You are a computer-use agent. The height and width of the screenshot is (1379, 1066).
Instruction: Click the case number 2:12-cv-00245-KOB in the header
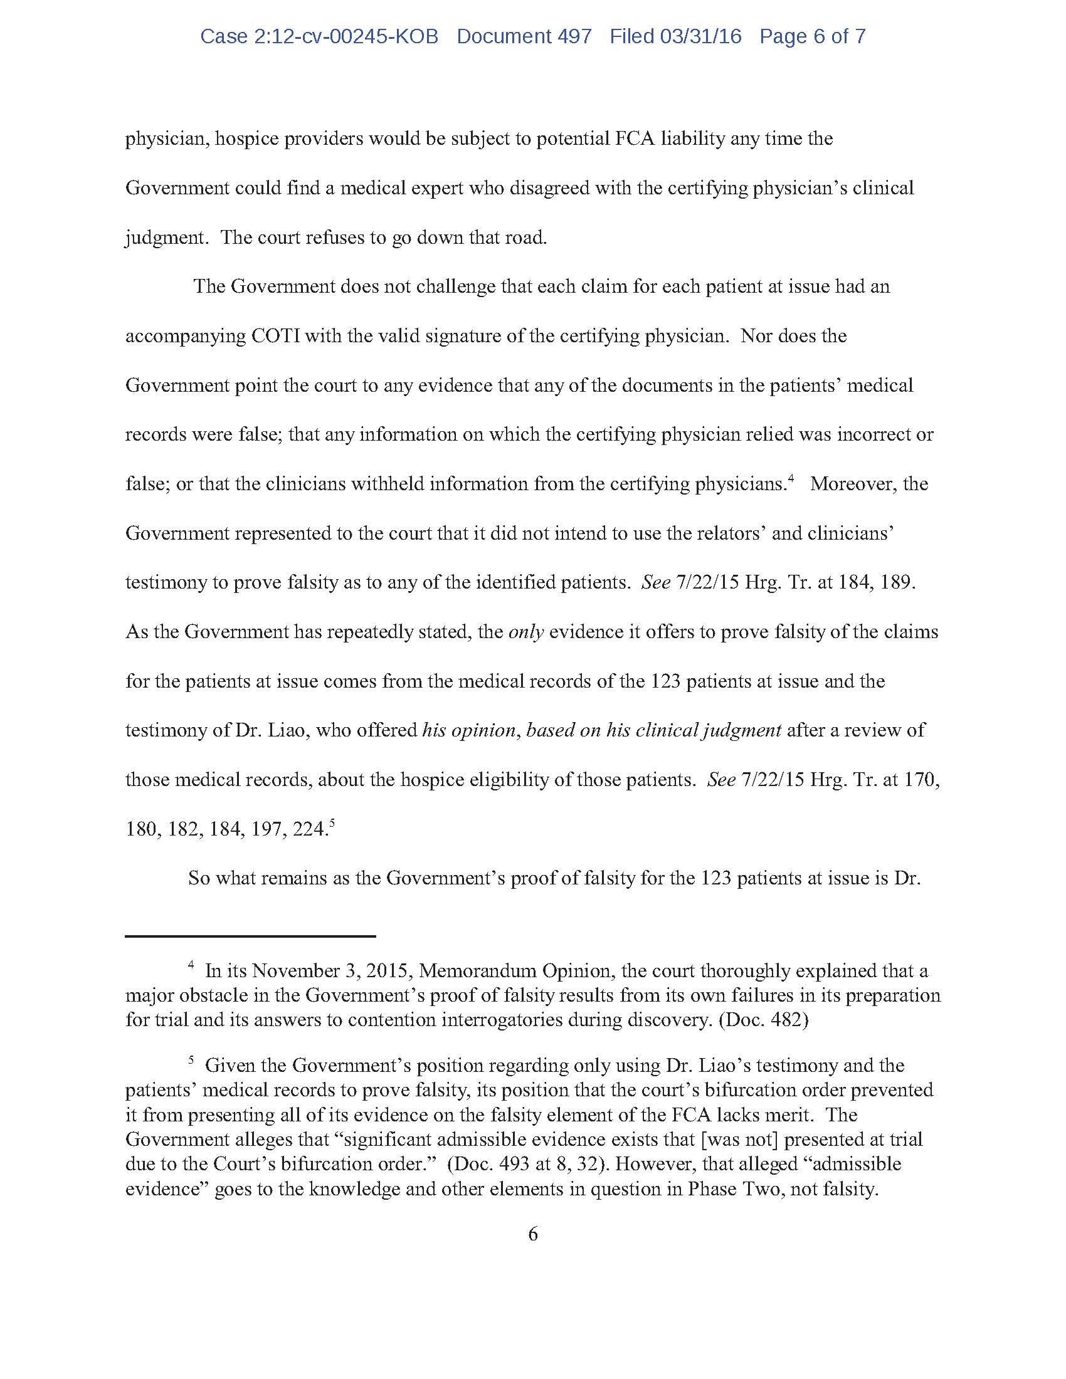coord(319,36)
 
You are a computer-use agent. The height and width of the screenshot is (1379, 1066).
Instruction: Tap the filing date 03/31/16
coord(700,36)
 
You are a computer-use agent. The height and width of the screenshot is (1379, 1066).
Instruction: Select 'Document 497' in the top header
coord(524,36)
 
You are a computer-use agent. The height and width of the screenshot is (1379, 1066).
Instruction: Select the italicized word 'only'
coord(526,632)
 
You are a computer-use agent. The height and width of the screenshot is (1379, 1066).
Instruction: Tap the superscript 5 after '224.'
coord(332,824)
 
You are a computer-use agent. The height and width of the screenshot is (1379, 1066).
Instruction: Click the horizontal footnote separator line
coord(251,936)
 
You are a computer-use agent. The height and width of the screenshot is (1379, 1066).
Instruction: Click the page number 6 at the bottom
coord(533,1234)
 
